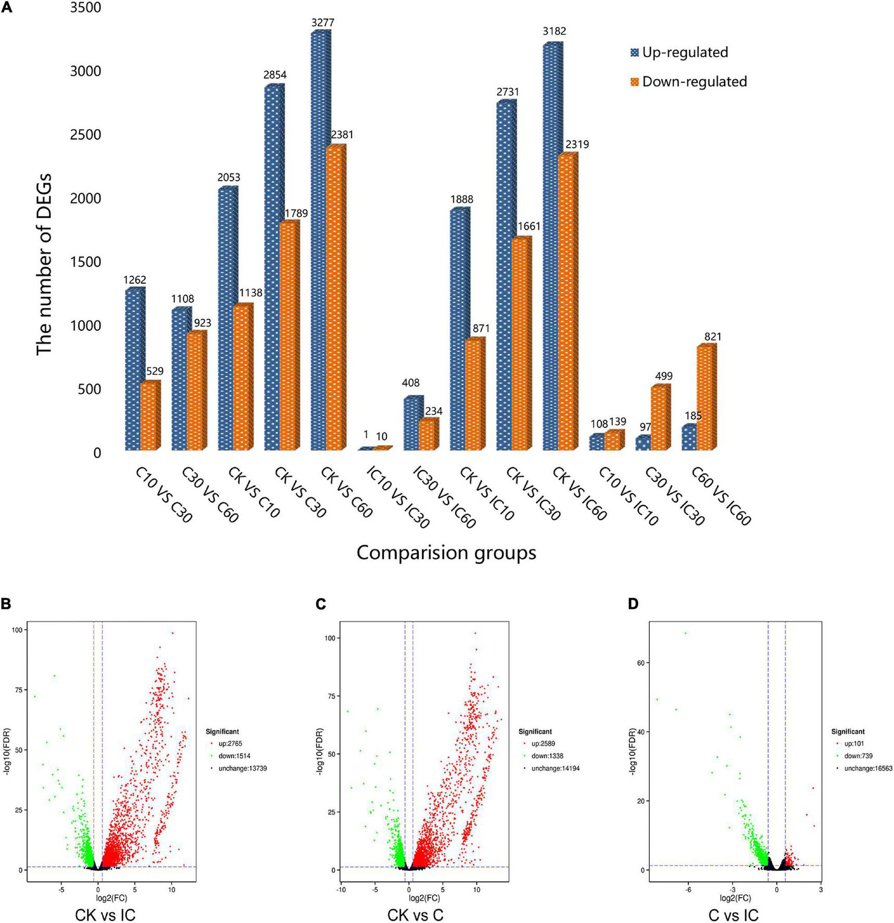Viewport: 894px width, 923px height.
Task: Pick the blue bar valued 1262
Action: pos(133,370)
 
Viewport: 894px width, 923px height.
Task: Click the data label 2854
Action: pos(275,75)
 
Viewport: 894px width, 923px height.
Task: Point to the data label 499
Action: pos(663,376)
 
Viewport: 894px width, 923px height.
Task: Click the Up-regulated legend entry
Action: pos(679,53)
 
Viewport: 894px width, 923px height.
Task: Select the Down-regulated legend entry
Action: pos(688,82)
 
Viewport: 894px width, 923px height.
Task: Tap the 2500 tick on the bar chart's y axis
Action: pos(85,135)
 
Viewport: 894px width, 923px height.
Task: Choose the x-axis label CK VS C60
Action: pos(347,492)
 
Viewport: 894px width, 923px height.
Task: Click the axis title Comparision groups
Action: pos(446,553)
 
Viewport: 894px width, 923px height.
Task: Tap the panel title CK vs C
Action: pos(415,915)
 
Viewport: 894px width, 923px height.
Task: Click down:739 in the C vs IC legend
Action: pos(859,756)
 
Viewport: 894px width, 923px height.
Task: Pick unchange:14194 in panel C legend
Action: pos(555,768)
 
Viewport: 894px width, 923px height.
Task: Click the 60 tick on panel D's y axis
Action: pos(640,663)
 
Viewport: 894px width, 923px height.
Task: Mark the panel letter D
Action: pos(633,604)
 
